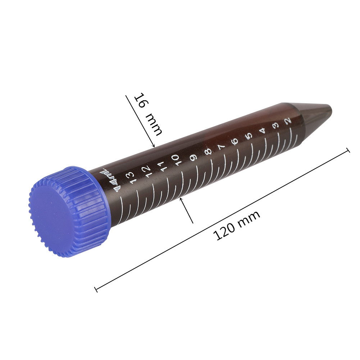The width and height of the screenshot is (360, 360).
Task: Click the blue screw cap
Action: click(x=68, y=212)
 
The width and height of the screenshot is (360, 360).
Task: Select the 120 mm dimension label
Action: click(x=236, y=225)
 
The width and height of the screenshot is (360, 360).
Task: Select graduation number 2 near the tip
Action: click(x=288, y=122)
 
